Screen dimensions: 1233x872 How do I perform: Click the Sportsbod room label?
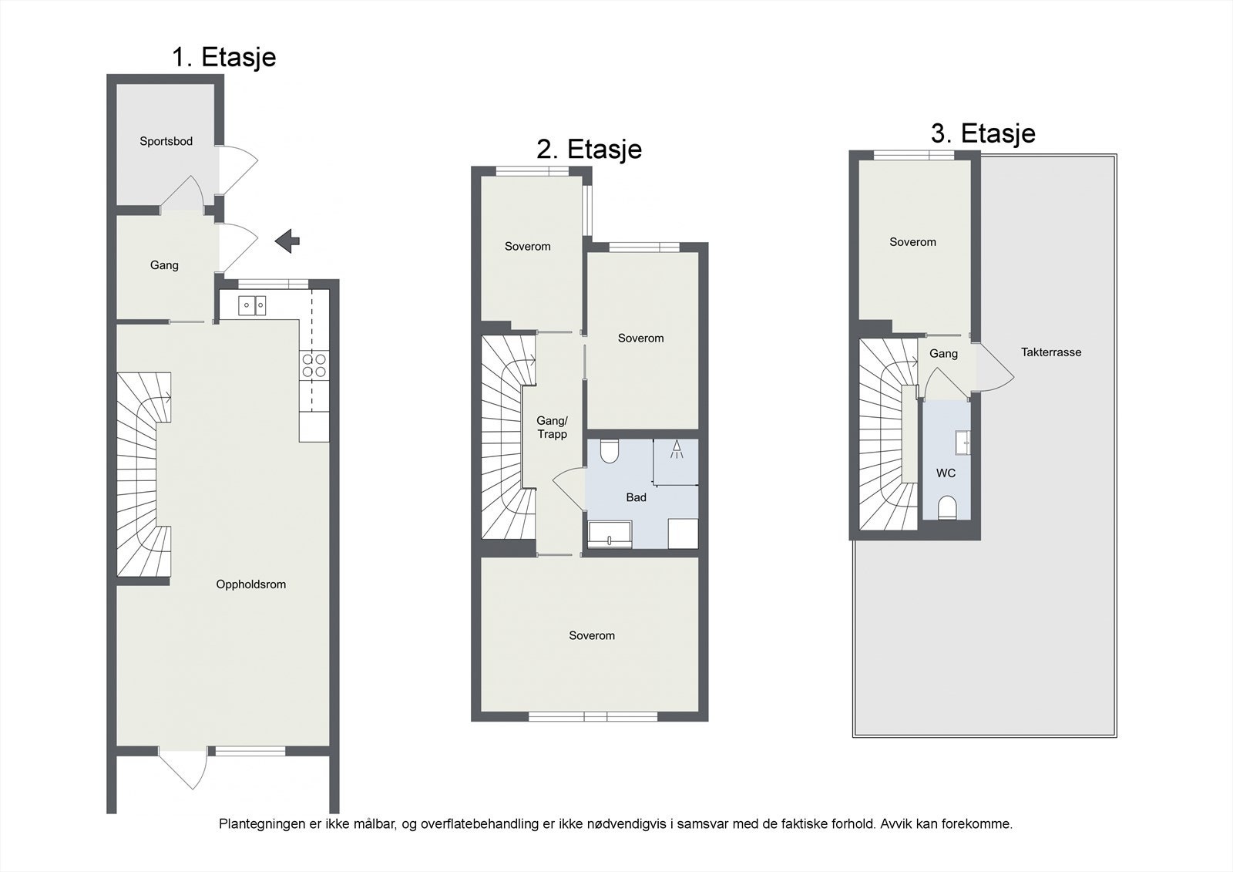(166, 142)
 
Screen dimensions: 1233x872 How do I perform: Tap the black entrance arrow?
(287, 241)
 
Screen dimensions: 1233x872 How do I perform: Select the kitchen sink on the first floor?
(252, 306)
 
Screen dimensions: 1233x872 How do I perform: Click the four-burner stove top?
(314, 365)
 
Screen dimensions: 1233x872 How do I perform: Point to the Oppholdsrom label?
(251, 584)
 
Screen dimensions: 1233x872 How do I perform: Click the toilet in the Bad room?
(610, 450)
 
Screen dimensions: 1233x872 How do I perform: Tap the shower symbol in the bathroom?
(677, 449)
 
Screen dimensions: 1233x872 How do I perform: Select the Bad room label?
(636, 497)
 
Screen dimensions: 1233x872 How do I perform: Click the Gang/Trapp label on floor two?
(552, 427)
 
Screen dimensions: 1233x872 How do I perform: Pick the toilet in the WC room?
(947, 507)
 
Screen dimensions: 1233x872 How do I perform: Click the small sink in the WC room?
(963, 443)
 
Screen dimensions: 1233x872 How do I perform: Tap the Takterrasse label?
(1051, 352)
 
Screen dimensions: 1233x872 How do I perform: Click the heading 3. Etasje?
(983, 133)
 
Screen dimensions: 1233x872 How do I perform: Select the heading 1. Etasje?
(224, 57)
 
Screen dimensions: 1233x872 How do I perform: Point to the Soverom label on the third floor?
(912, 242)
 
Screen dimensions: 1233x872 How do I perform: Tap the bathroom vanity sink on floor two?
(610, 534)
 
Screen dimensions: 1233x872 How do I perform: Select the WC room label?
(946, 473)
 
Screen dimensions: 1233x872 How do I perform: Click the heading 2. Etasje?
(589, 150)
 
